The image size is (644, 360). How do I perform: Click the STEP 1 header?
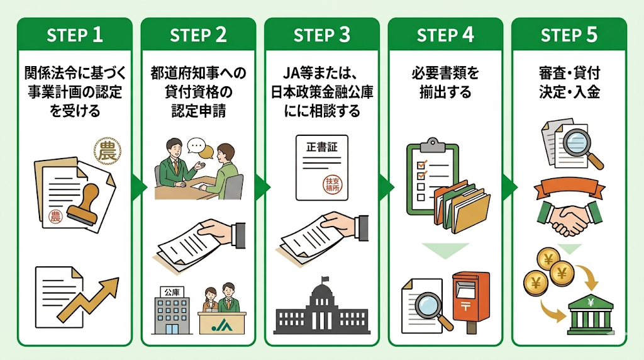[x=75, y=35]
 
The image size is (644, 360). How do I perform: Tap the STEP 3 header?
[x=321, y=35]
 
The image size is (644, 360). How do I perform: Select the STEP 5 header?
[x=569, y=35]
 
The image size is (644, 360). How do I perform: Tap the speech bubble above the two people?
[x=197, y=147]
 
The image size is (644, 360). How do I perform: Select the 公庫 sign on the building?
[x=170, y=291]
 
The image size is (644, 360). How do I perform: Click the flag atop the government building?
[x=325, y=279]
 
